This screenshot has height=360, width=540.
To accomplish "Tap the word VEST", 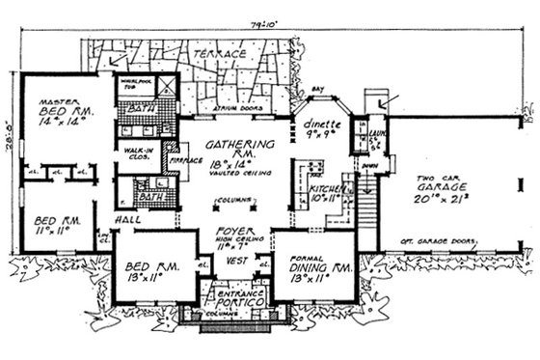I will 232,261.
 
